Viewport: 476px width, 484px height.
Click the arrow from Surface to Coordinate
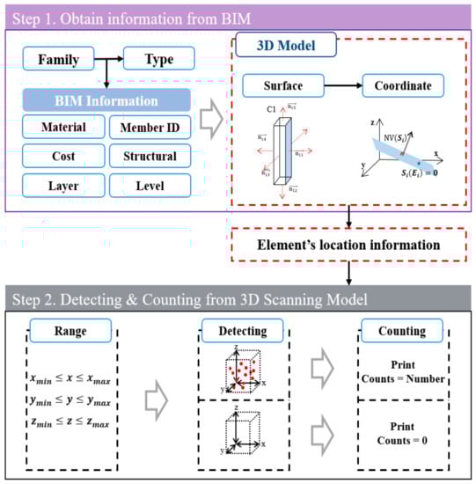pos(341,86)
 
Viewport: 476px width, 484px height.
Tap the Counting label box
pos(395,330)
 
